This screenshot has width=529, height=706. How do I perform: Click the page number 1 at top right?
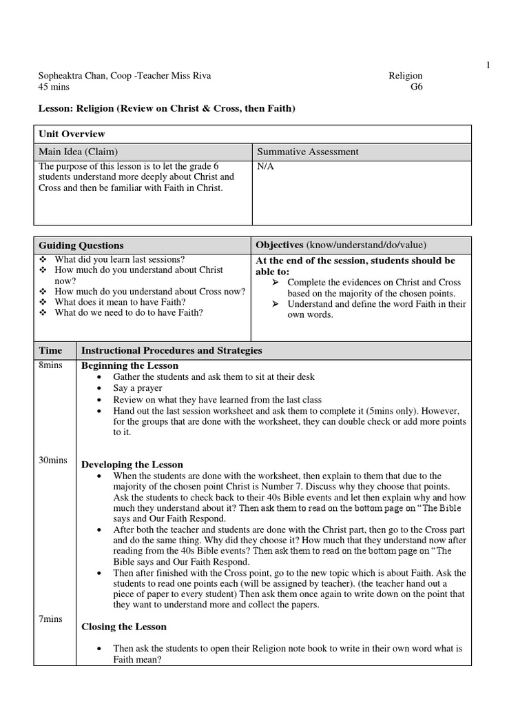coord(488,65)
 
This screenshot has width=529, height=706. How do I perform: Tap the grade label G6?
coord(415,88)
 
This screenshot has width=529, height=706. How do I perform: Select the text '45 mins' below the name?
coord(54,88)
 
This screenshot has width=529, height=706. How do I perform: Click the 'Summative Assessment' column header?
coord(307,152)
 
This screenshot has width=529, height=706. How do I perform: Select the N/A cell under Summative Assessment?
coord(265,167)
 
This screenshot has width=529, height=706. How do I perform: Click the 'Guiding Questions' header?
coord(81,245)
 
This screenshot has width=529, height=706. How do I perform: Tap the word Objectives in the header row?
coord(280,245)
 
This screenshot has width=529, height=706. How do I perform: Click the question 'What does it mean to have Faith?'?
coord(120,302)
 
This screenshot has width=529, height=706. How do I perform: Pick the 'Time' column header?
coord(50,350)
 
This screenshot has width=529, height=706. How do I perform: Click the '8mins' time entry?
coord(51,365)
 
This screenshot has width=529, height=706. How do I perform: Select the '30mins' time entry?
coord(53,460)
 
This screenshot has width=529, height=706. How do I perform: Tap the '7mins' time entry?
coord(51,619)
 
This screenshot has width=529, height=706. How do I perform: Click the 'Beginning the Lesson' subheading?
coord(129,365)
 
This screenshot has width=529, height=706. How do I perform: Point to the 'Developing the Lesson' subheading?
coord(132,465)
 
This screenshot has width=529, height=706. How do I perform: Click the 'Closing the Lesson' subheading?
coord(124,627)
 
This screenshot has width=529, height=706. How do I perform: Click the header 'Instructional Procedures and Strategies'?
coord(172,350)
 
